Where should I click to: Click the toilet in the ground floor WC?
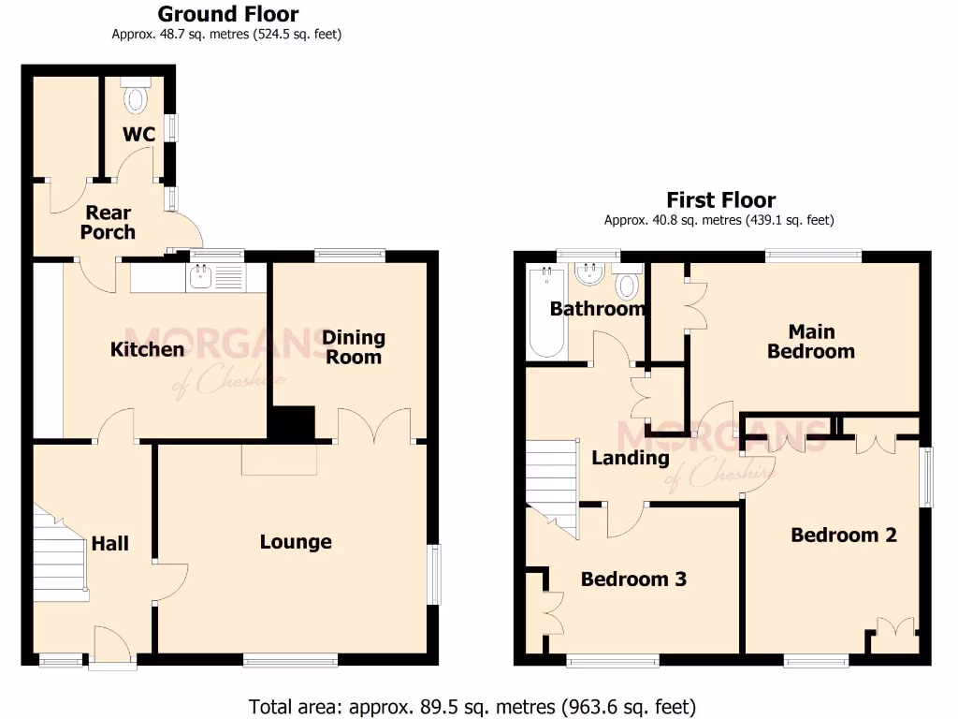click(137, 96)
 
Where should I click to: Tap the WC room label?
click(138, 135)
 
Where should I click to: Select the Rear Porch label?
click(108, 223)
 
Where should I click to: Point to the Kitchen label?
click(147, 349)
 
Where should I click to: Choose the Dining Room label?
click(353, 346)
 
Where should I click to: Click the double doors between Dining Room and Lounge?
click(373, 426)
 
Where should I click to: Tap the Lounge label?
click(296, 542)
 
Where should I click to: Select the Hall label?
click(110, 544)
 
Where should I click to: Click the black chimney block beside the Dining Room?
click(292, 423)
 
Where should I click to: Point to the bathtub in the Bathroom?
click(545, 313)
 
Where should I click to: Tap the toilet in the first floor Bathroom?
click(628, 283)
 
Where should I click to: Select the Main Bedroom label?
click(810, 342)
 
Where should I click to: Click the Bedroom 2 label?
click(844, 535)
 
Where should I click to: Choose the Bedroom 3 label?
click(633, 579)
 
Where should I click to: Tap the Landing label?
click(630, 458)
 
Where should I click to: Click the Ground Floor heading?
click(227, 14)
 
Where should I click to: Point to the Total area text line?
click(472, 706)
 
